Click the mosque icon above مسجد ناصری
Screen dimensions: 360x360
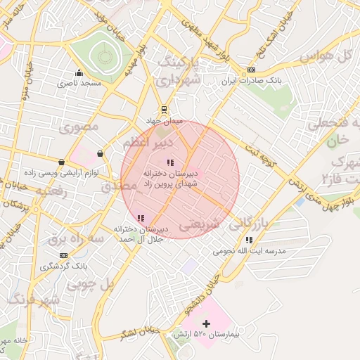click(79, 72)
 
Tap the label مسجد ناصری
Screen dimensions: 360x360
click(80, 83)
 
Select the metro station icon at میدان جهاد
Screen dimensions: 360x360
click(164, 110)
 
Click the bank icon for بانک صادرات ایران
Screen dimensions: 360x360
click(252, 71)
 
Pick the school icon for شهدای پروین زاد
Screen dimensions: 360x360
click(171, 163)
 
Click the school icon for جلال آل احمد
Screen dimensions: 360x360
click(141, 218)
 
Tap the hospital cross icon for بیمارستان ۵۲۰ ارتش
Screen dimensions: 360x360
click(206, 323)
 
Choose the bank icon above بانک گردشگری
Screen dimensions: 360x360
click(64, 255)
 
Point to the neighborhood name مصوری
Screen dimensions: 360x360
click(77, 127)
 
